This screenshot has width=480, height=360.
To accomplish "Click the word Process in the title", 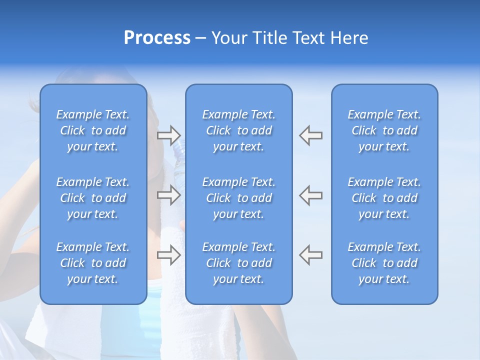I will (x=157, y=38).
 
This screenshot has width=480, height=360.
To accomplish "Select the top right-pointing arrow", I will (x=168, y=135).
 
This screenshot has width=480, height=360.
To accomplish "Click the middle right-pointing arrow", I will (x=168, y=195).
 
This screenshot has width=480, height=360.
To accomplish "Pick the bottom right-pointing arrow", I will (x=168, y=254).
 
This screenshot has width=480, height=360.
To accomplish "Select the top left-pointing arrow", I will (x=311, y=135).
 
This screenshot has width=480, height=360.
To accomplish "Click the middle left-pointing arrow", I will (x=311, y=195).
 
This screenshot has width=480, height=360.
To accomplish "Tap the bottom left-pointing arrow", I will (x=311, y=254).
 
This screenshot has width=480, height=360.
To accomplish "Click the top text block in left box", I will (x=93, y=130).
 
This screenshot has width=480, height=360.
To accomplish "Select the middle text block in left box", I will (x=93, y=198).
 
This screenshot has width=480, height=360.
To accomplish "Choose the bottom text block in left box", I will (x=93, y=263).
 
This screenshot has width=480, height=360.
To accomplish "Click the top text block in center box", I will (x=239, y=130).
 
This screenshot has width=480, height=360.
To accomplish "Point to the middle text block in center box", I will (x=239, y=198).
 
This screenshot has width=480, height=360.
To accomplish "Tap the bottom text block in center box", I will (x=239, y=263).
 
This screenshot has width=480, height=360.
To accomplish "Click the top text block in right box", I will (x=384, y=130).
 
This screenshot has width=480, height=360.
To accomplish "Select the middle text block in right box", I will (x=384, y=198).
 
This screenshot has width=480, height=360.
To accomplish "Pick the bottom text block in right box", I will (x=384, y=263).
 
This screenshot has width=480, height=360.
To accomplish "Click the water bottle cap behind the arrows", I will (x=178, y=146).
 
